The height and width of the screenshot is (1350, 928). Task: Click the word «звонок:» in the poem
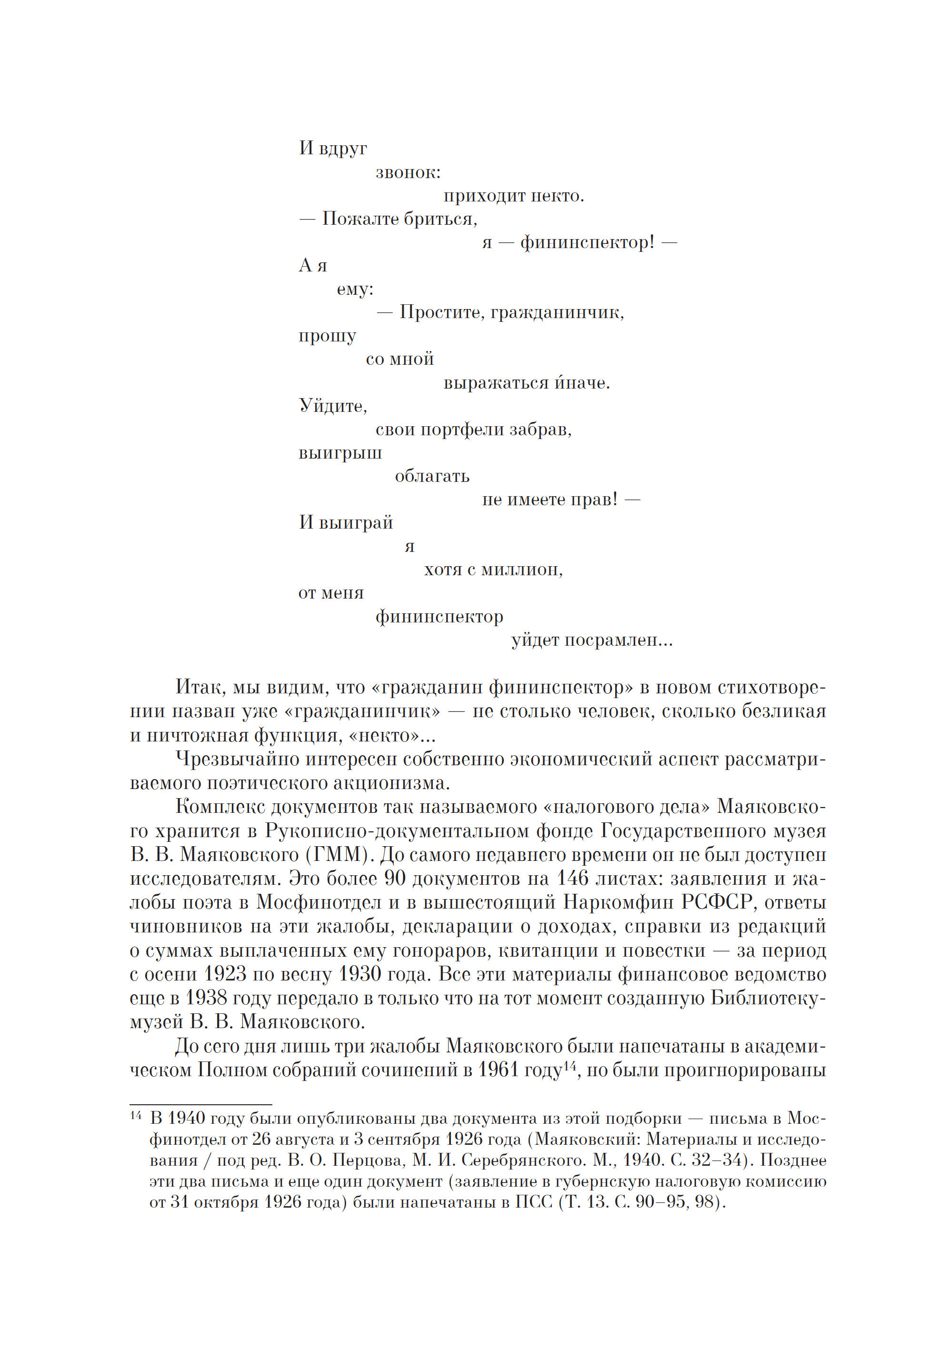[x=408, y=173]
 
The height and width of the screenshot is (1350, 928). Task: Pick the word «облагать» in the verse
[x=432, y=476]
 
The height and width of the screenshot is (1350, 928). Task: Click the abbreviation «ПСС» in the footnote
[x=533, y=1202]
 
